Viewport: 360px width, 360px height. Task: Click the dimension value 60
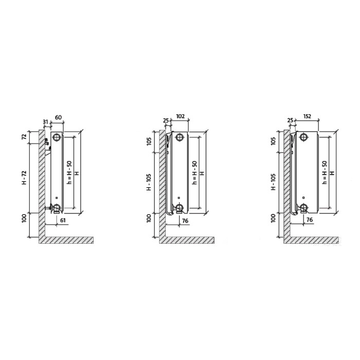(58, 117)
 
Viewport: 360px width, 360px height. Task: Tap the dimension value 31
(46, 121)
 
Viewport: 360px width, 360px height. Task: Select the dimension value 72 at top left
(24, 137)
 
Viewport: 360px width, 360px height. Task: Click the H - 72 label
(24, 178)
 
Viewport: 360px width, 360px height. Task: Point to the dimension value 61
(63, 221)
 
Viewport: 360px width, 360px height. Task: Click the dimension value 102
(181, 116)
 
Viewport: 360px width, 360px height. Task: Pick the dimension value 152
(307, 116)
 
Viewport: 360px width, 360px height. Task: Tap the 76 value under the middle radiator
(185, 221)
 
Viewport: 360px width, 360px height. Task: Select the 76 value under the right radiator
(310, 220)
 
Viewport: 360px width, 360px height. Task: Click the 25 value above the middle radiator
(166, 120)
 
